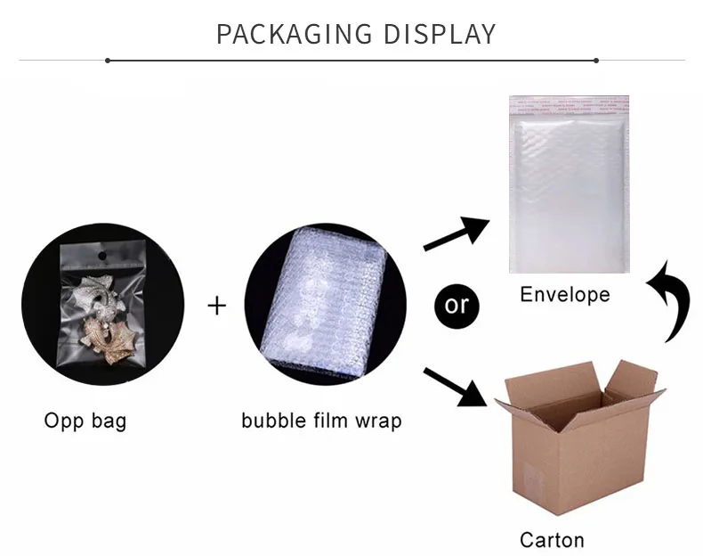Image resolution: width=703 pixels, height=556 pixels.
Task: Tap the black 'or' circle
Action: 457,304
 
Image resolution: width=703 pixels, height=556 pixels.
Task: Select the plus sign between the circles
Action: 217,306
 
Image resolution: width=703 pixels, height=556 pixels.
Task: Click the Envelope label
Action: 565,294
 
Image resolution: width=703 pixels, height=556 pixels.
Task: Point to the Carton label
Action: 552,539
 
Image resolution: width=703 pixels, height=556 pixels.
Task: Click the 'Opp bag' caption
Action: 85,420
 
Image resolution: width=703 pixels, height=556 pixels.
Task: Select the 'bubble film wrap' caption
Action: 321,420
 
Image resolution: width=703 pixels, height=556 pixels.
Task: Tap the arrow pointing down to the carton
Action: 459,386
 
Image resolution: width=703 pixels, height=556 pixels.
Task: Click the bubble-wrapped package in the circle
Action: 325,303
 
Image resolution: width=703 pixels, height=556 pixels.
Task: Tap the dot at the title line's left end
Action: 108,61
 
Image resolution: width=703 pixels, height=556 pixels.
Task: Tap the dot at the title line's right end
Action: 596,61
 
